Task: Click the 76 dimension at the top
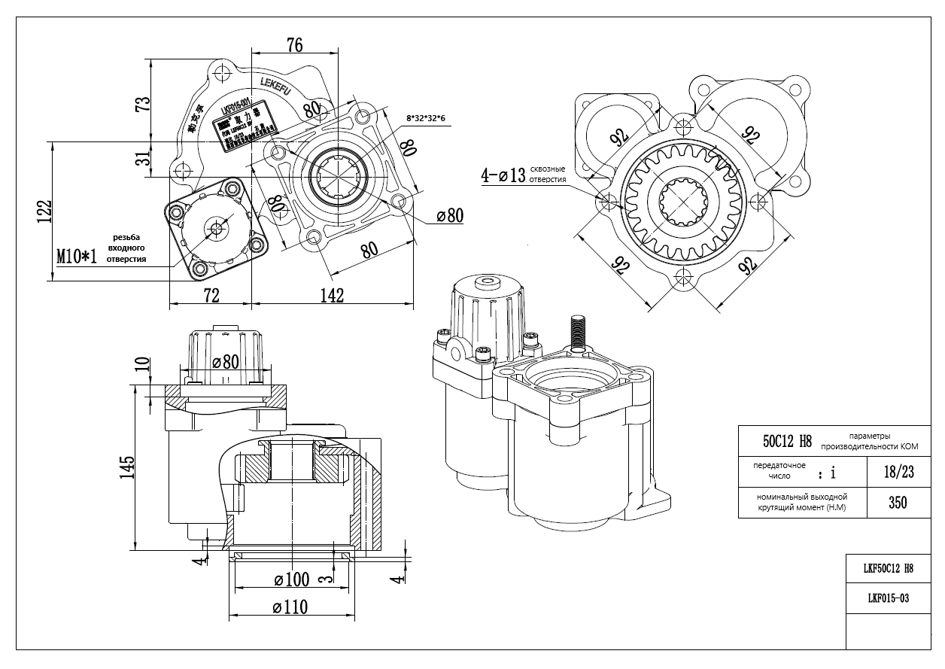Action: point(294,45)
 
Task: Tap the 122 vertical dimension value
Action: point(46,211)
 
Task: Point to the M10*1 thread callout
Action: point(77,257)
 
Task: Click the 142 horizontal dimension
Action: point(331,295)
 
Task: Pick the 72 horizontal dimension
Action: point(211,295)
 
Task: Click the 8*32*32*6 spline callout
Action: point(427,119)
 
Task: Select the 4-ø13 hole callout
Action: point(503,177)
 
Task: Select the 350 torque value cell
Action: point(897,503)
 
